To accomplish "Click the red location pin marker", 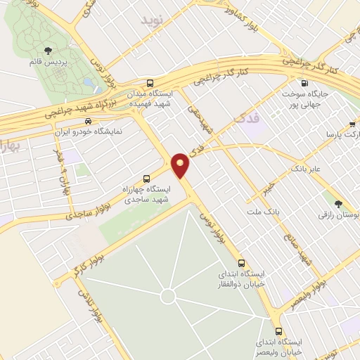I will (181, 165).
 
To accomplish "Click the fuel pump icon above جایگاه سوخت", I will (304, 82).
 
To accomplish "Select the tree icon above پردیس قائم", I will (48, 50).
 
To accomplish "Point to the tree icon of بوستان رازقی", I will (339, 204).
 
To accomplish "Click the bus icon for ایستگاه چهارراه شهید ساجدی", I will (146, 178).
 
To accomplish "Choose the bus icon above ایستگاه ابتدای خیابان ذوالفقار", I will (242, 261).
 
